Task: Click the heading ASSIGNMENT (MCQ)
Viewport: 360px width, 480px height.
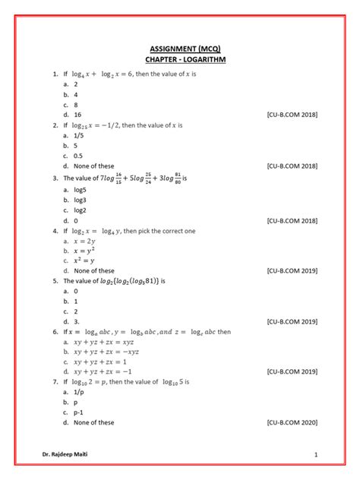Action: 180,47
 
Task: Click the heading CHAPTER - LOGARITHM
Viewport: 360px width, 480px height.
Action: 180,58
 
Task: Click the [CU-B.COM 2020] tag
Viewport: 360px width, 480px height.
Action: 292,423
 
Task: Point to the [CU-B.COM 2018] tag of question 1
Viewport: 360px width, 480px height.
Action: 292,114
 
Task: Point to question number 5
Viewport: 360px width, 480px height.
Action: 55,280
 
